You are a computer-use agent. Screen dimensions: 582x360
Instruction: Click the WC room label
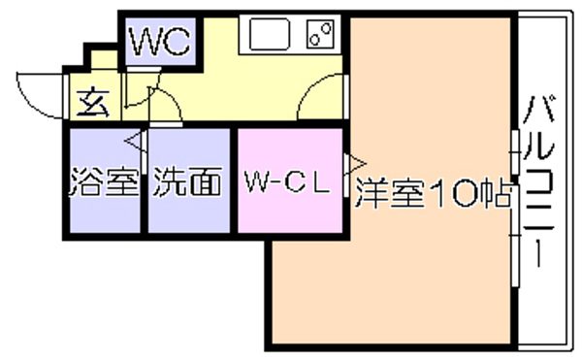(x=161, y=41)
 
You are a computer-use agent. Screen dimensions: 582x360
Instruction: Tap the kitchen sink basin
(x=270, y=34)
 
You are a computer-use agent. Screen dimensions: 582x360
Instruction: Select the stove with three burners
(x=320, y=34)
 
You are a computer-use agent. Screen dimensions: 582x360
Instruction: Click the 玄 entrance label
(x=93, y=103)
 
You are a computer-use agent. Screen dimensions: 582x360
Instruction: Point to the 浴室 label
(x=105, y=181)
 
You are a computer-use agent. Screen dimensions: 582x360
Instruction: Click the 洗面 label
(x=188, y=181)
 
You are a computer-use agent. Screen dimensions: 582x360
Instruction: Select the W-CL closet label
(x=287, y=181)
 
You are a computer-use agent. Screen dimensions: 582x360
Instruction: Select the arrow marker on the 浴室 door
(x=133, y=142)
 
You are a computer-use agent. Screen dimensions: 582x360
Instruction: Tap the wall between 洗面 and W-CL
(x=234, y=180)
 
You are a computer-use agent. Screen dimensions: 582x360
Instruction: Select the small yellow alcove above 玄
(x=105, y=59)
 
